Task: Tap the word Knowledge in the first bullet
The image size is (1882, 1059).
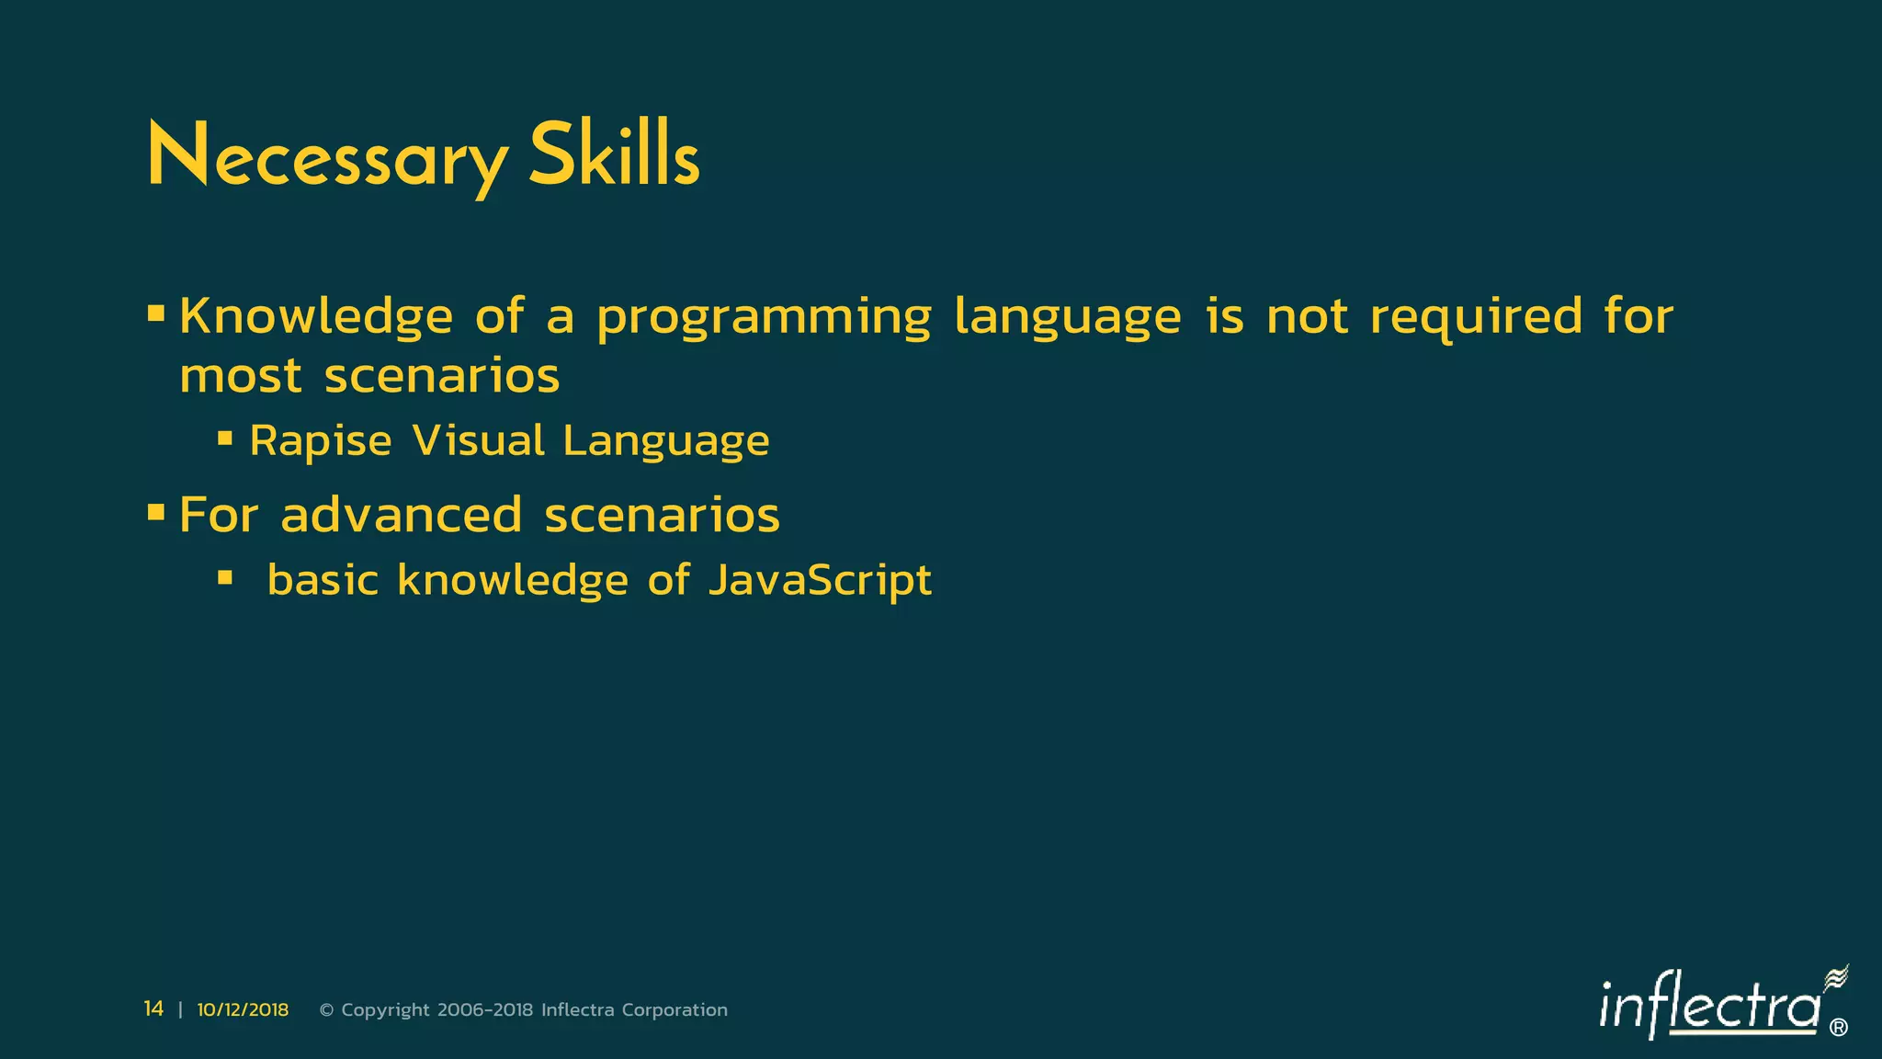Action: coord(315,317)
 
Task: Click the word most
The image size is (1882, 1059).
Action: coord(241,377)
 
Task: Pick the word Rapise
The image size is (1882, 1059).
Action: coord(321,441)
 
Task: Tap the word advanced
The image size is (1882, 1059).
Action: coord(402,515)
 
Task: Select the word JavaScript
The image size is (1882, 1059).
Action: coord(820,581)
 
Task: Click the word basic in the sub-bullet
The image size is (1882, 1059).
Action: coord(323,580)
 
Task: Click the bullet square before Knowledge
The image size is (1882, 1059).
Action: coord(156,314)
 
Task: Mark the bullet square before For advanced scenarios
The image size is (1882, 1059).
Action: coord(156,511)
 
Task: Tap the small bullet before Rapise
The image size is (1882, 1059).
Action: coord(225,438)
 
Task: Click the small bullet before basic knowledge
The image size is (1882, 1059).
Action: coord(225,577)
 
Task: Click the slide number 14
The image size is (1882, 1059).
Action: coord(153,1009)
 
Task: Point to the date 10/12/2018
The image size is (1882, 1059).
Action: coord(243,1010)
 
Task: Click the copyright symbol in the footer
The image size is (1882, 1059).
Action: coord(326,1010)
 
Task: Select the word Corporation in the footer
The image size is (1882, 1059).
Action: coord(675,1010)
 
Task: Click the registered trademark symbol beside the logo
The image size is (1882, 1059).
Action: coord(1839,1028)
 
